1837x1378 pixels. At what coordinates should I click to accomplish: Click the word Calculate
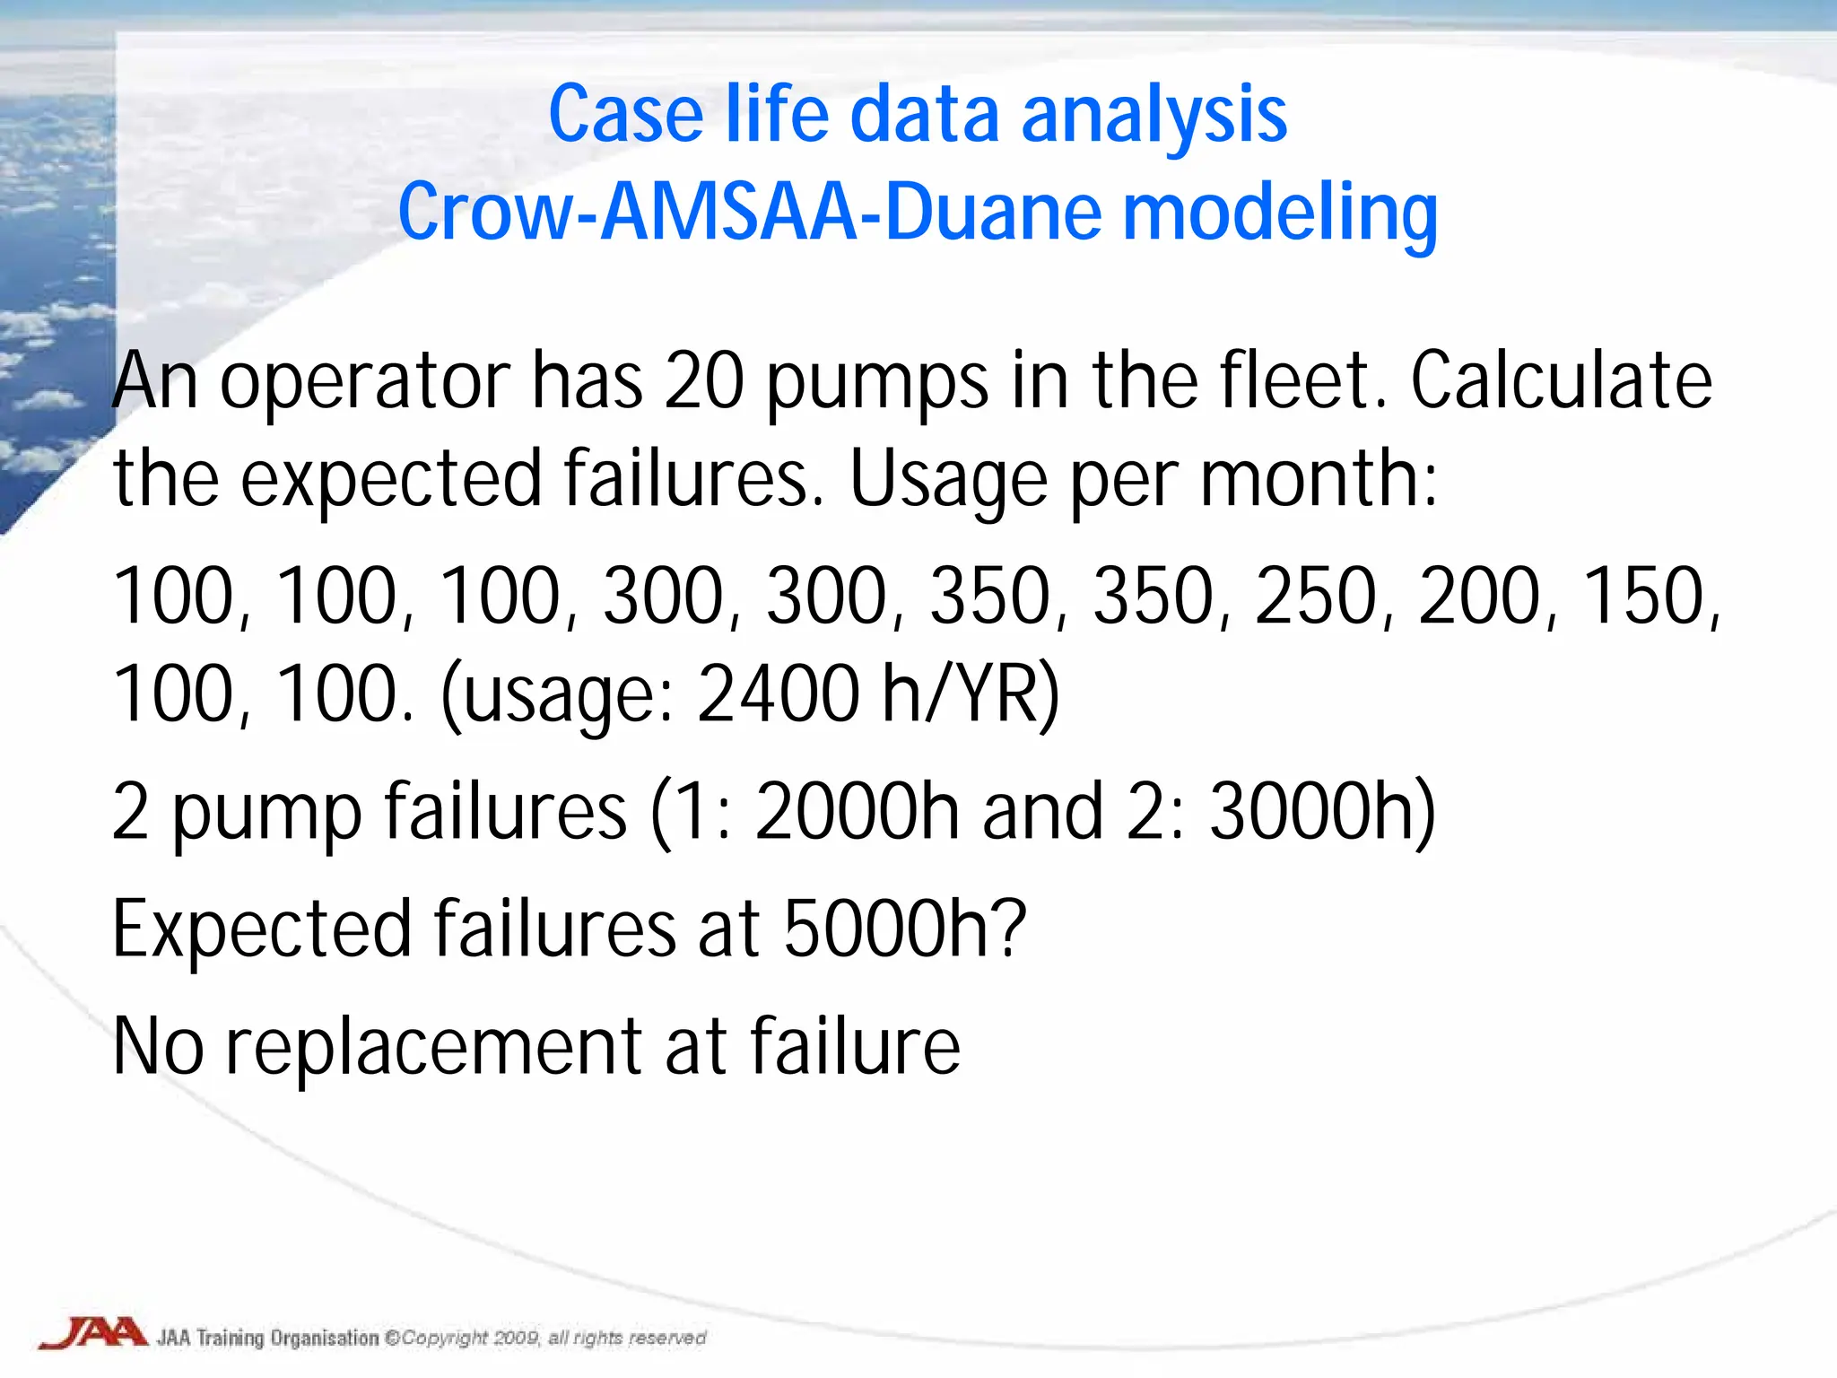coord(1562,380)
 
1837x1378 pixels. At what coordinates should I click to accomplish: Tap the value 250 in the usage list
coord(1316,597)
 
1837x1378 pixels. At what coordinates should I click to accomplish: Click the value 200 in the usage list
coord(1479,597)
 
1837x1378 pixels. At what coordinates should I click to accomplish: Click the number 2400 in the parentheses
coord(778,693)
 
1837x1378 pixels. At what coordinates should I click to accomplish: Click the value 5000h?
coord(904,929)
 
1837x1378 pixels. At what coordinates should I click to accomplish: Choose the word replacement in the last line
coord(433,1047)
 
